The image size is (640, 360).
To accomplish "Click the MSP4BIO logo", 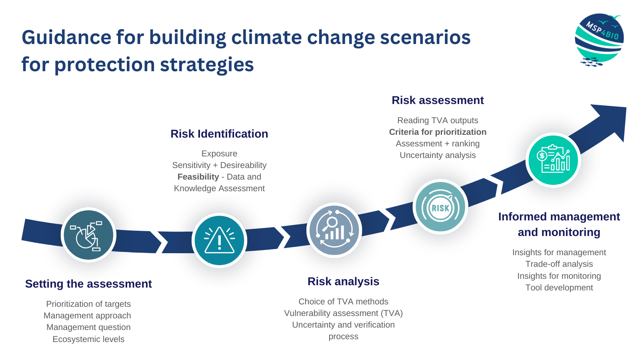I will coord(598,40).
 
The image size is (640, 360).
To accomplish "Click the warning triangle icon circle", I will coord(219,240).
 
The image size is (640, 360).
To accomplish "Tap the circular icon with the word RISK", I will coord(440,207).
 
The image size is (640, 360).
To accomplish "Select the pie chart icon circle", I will coord(88,235).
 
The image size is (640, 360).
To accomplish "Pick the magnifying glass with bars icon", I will coord(334,230).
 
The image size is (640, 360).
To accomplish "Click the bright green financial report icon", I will coord(553,160).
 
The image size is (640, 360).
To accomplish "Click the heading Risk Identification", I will coord(219,134).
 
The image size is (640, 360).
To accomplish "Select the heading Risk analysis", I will coord(343,282).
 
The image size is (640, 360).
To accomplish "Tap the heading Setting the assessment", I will coord(88,284).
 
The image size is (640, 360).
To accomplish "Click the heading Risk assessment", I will coord(438,100).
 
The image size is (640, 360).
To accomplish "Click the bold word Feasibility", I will coord(198,177).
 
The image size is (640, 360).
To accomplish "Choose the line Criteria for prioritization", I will coord(438,132).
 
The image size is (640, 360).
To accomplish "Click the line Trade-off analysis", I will coord(559,264).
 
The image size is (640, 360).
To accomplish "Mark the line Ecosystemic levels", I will coord(88,339).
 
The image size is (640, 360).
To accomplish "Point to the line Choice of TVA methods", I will coord(343,302).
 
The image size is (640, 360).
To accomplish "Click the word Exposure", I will coord(219,154).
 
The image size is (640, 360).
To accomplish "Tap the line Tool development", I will coord(559,288).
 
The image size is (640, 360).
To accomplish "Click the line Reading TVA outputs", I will coord(438,120).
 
